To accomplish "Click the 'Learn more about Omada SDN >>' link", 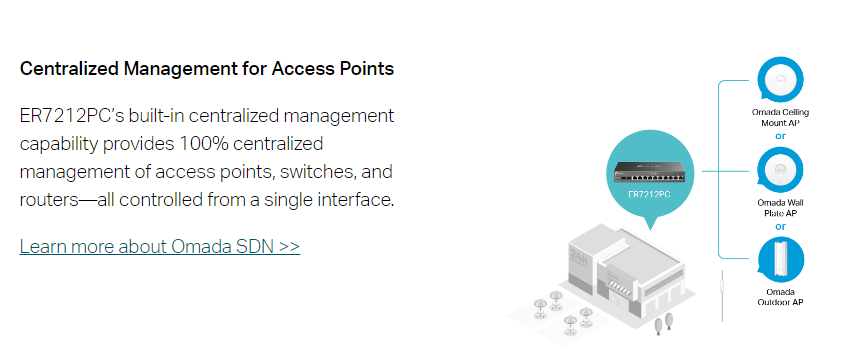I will click(x=159, y=246).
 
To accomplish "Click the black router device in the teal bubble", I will click(x=651, y=171).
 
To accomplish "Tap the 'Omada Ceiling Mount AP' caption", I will click(x=780, y=116).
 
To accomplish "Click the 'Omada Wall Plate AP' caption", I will click(x=780, y=207).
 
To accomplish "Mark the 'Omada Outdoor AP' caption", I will click(x=780, y=296).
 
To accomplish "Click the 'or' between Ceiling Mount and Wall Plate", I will click(x=780, y=135).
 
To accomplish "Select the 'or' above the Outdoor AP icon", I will click(x=780, y=225).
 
